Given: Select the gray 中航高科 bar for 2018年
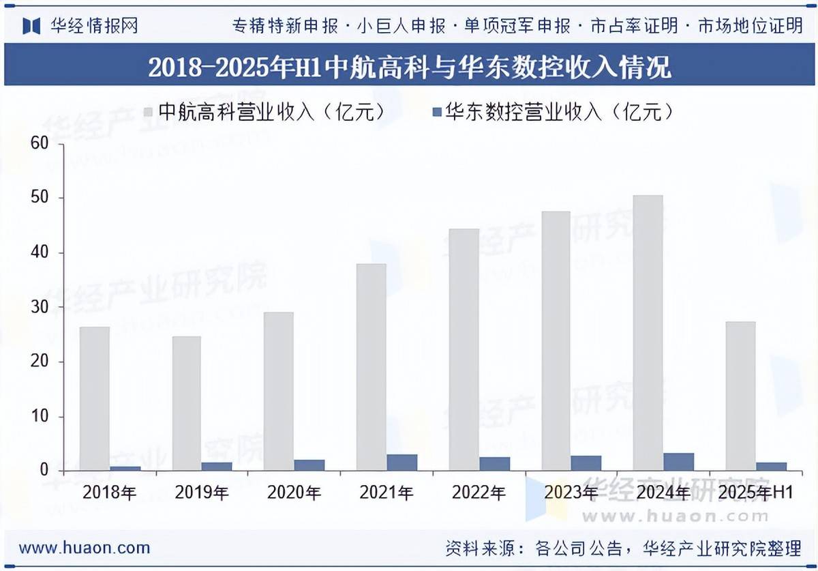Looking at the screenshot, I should point(94,398).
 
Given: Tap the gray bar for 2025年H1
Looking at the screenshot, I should point(740,396).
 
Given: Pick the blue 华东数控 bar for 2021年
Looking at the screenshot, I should point(402,463).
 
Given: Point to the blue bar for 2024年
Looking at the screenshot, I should point(679,462).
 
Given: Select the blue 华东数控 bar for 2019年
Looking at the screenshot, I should point(217,466).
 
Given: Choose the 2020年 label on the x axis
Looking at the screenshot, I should point(292,492).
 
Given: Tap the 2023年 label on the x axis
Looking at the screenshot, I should point(570,492).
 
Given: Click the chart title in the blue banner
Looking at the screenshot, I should point(409,67).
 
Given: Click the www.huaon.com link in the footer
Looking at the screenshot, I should point(85,548).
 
